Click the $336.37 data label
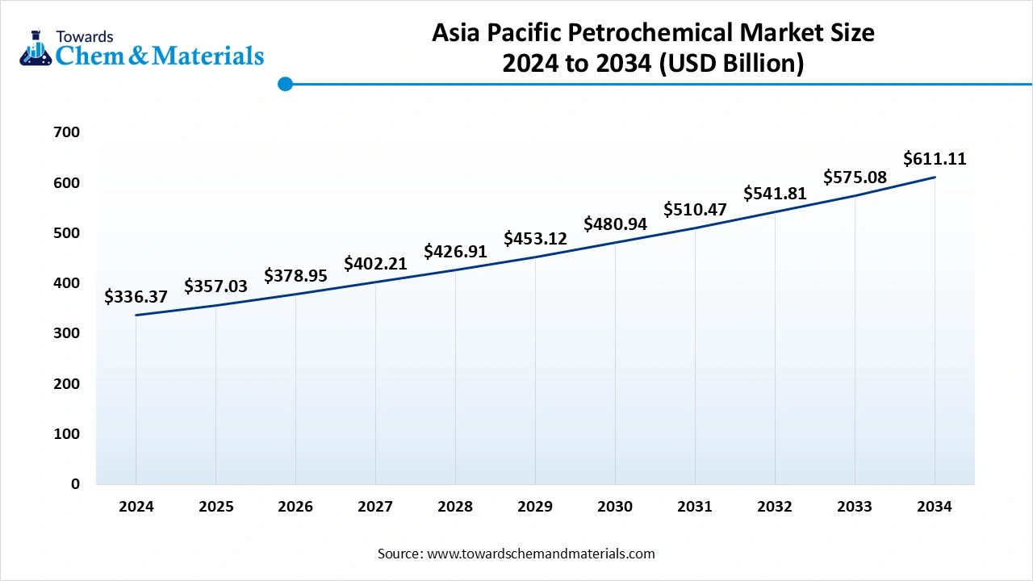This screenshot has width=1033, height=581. (x=136, y=298)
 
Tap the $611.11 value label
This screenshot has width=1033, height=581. (x=935, y=158)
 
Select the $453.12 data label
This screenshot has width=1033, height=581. (x=535, y=239)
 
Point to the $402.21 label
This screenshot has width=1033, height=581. (x=375, y=264)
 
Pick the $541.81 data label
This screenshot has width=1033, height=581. (x=775, y=194)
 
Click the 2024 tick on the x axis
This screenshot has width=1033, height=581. (x=136, y=507)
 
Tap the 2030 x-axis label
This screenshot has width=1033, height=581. (x=615, y=507)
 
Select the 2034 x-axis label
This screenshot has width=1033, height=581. (x=935, y=507)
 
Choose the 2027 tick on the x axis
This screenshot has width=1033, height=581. (x=375, y=507)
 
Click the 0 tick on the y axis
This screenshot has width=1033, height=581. (x=75, y=484)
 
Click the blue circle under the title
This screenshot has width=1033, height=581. (x=285, y=83)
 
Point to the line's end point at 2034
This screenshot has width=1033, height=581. (x=935, y=177)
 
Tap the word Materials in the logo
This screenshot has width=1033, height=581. (x=208, y=55)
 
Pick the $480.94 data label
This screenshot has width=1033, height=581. (x=615, y=224)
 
